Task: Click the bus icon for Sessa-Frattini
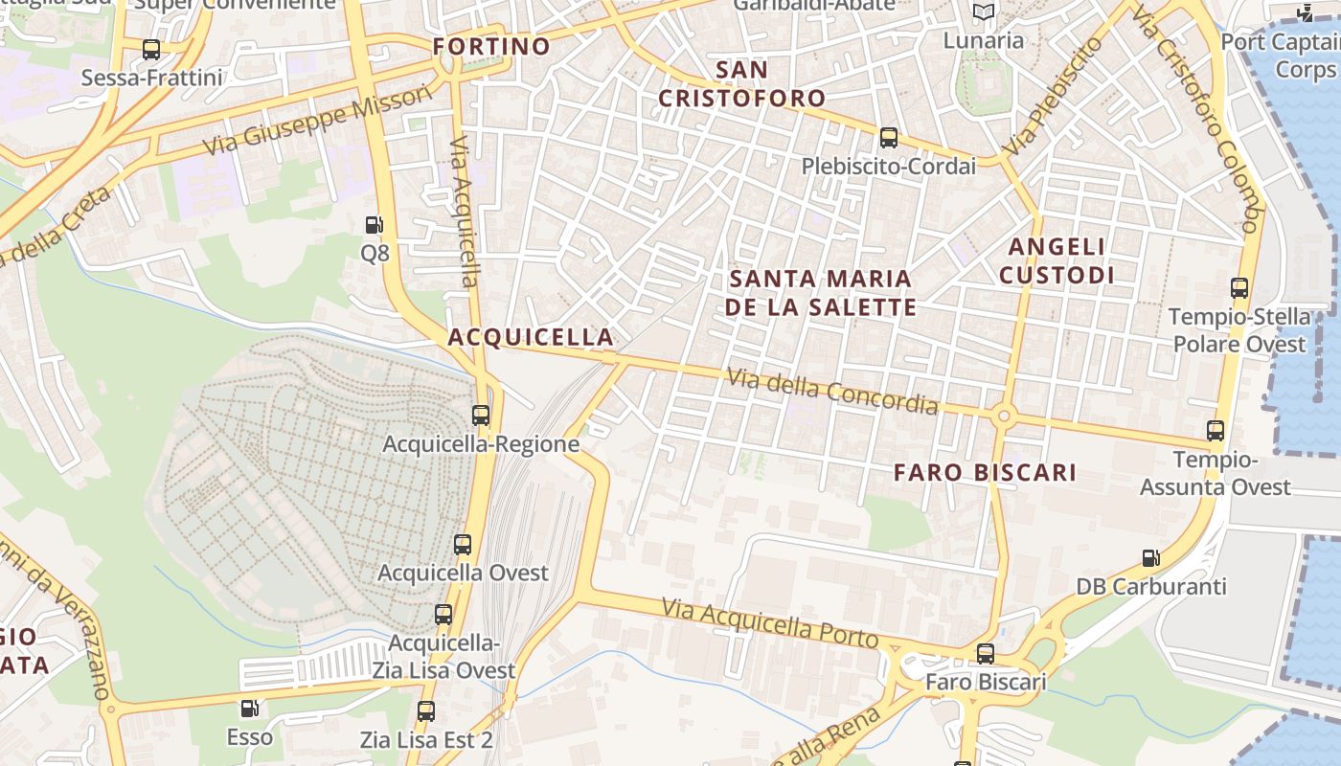pos(150,49)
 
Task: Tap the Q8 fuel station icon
pos(375,226)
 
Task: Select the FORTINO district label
pos(491,46)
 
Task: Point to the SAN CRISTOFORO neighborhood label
pos(742,83)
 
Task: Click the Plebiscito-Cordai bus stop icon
pos(889,138)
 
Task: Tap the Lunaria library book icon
pos(984,12)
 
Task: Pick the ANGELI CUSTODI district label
pos(1057,260)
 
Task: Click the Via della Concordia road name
pos(831,391)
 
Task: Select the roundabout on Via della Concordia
pos(1003,416)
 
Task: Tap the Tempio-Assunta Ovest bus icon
pos(1216,431)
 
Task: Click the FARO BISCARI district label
pos(985,472)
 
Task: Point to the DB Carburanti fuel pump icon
pos(1150,558)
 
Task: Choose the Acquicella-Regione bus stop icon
pos(481,416)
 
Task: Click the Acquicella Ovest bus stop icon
pos(463,545)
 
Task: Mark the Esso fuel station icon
pos(249,710)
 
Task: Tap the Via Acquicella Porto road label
pos(769,623)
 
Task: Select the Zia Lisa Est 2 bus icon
pos(426,711)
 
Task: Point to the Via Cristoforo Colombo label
pos(1193,120)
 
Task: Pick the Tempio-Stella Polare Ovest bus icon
pos(1239,288)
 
